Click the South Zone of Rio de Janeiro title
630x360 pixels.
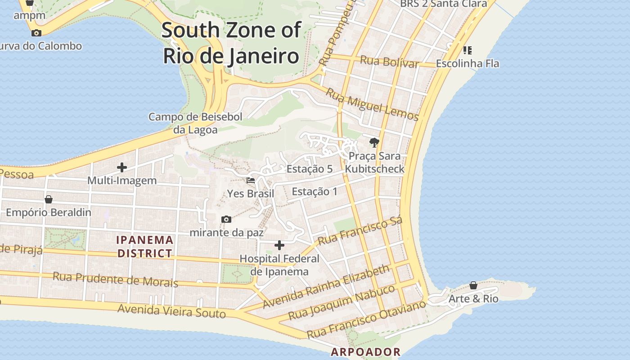click(x=231, y=43)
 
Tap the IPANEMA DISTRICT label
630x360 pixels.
click(x=145, y=247)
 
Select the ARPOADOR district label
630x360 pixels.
click(x=365, y=352)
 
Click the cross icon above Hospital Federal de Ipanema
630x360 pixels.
click(x=279, y=245)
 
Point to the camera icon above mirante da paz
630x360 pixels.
click(x=226, y=219)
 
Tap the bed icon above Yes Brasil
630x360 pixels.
click(x=251, y=180)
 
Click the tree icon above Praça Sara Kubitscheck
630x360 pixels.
click(x=374, y=143)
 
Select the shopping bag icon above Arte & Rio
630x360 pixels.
click(x=473, y=285)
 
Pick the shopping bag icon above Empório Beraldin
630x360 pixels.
click(x=49, y=199)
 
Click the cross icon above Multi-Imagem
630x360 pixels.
click(x=121, y=167)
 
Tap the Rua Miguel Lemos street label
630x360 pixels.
click(x=372, y=105)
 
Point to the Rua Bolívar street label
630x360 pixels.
click(x=390, y=62)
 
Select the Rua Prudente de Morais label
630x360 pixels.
click(x=115, y=279)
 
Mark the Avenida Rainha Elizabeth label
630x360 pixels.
click(x=326, y=287)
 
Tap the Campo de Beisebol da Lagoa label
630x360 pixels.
click(x=195, y=123)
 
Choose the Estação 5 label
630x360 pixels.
click(x=310, y=169)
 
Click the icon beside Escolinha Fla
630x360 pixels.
click(x=468, y=50)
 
